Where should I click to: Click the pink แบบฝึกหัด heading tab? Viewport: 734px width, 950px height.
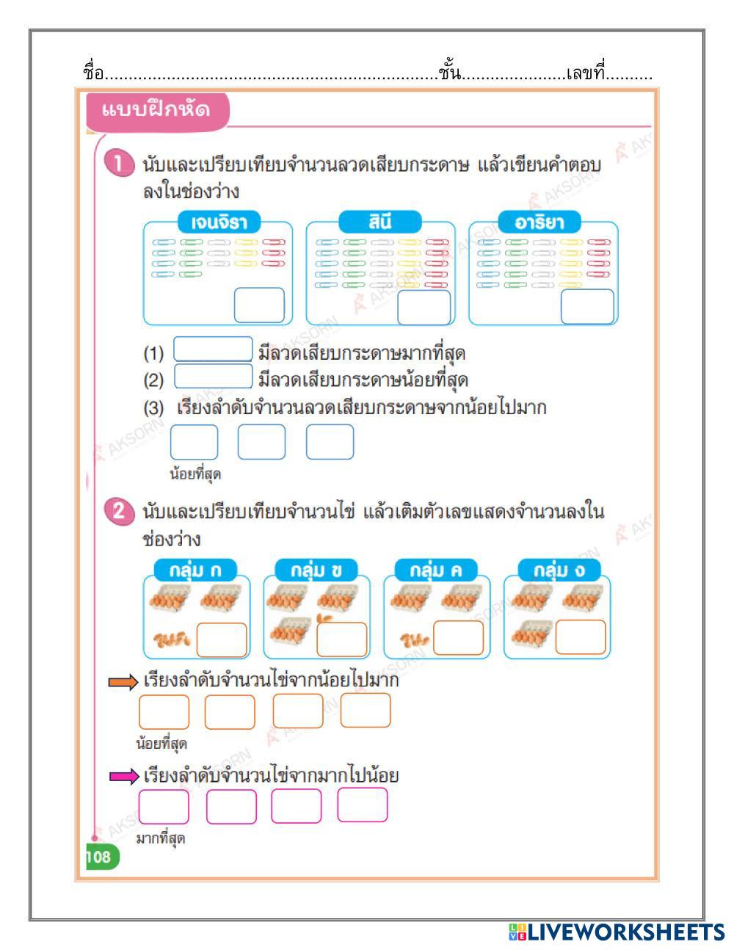coord(156,111)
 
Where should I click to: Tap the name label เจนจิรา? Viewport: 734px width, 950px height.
coord(219,222)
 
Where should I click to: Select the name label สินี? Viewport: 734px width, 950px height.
coord(380,221)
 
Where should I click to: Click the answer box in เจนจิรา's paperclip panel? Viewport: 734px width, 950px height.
coord(259,305)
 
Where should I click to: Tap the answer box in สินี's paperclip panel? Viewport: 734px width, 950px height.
coord(424,307)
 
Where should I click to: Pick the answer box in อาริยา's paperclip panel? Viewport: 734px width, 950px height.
coord(587,306)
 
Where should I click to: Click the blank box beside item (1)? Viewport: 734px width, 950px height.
coord(213,349)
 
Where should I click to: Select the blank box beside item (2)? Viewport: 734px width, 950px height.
coord(213,377)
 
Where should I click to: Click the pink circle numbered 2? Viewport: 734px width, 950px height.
coord(119,511)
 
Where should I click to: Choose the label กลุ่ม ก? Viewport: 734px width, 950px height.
coord(196,570)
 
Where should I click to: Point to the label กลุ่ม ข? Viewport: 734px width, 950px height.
coord(316,570)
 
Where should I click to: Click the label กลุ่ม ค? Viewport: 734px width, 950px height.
coord(436,570)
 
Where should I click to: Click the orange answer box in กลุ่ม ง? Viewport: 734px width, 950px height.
coord(580,637)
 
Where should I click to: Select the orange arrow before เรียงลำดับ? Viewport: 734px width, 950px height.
coord(123,683)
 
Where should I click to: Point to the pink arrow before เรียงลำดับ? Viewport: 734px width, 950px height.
coord(123,776)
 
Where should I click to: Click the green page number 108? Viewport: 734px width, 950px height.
coord(98,857)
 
